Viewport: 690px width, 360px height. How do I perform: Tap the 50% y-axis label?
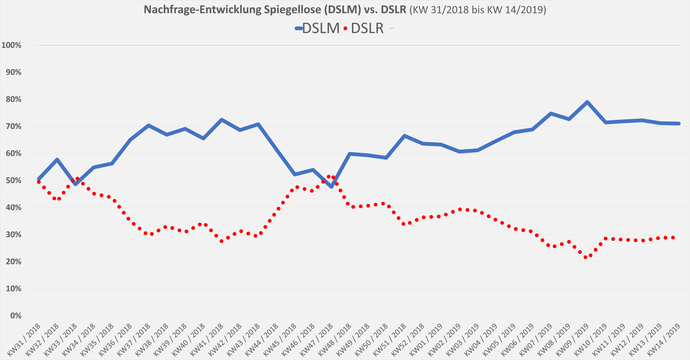[x=13, y=181]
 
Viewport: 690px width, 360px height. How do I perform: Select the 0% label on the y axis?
[x=16, y=316]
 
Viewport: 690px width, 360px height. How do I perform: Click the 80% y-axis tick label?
[x=13, y=99]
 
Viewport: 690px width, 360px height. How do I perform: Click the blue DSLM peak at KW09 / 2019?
[x=587, y=102]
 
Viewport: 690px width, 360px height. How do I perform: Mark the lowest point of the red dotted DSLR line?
[x=585, y=257]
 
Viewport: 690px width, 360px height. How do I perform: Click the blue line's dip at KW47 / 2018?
[x=332, y=187]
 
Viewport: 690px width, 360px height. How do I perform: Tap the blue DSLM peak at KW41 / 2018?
[x=221, y=120]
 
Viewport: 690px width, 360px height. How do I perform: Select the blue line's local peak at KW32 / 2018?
[x=57, y=159]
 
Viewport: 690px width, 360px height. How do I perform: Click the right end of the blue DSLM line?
[x=679, y=123]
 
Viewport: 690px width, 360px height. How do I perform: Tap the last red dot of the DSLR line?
[x=673, y=238]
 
